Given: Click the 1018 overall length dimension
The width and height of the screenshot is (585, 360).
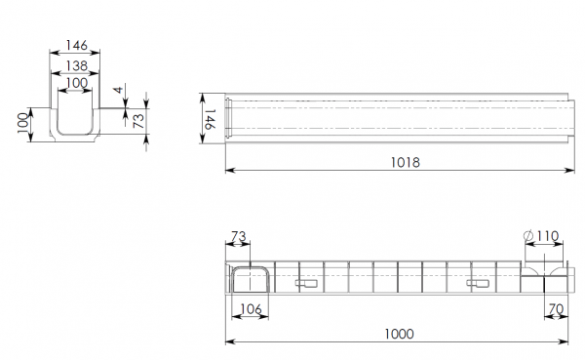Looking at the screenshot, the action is coord(406,163).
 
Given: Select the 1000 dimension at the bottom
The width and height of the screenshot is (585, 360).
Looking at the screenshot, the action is coord(399,334).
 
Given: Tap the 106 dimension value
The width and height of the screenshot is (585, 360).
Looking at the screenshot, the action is coord(252,309).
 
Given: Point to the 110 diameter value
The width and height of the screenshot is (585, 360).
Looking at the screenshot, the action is coord(548,236).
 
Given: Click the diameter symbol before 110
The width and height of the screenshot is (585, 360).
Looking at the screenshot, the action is coord(528,236).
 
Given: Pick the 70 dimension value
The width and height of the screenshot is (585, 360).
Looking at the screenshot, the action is coord(556,309).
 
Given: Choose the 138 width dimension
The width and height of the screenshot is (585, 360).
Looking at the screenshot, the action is coord(77,65).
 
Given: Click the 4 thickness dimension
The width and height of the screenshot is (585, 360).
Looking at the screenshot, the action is coord(119,90).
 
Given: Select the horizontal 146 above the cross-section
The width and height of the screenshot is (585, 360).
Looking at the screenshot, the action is coord(77,45).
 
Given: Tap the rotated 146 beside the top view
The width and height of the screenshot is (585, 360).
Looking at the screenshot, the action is coord(210,119).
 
